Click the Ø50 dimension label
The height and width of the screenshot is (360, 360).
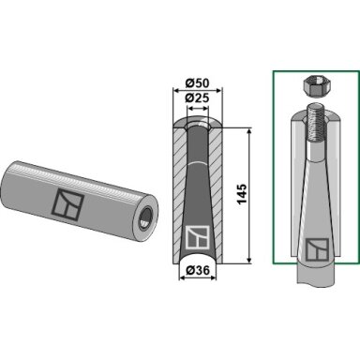197,83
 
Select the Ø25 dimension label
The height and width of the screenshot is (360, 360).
197,97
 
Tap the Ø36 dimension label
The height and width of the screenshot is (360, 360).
197,270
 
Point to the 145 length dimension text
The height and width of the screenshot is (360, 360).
242,194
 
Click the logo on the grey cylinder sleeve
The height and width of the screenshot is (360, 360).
67,204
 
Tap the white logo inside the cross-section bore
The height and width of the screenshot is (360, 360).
197,237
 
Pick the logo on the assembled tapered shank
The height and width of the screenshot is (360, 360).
317,249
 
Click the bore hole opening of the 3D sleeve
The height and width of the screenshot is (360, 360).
146,217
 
